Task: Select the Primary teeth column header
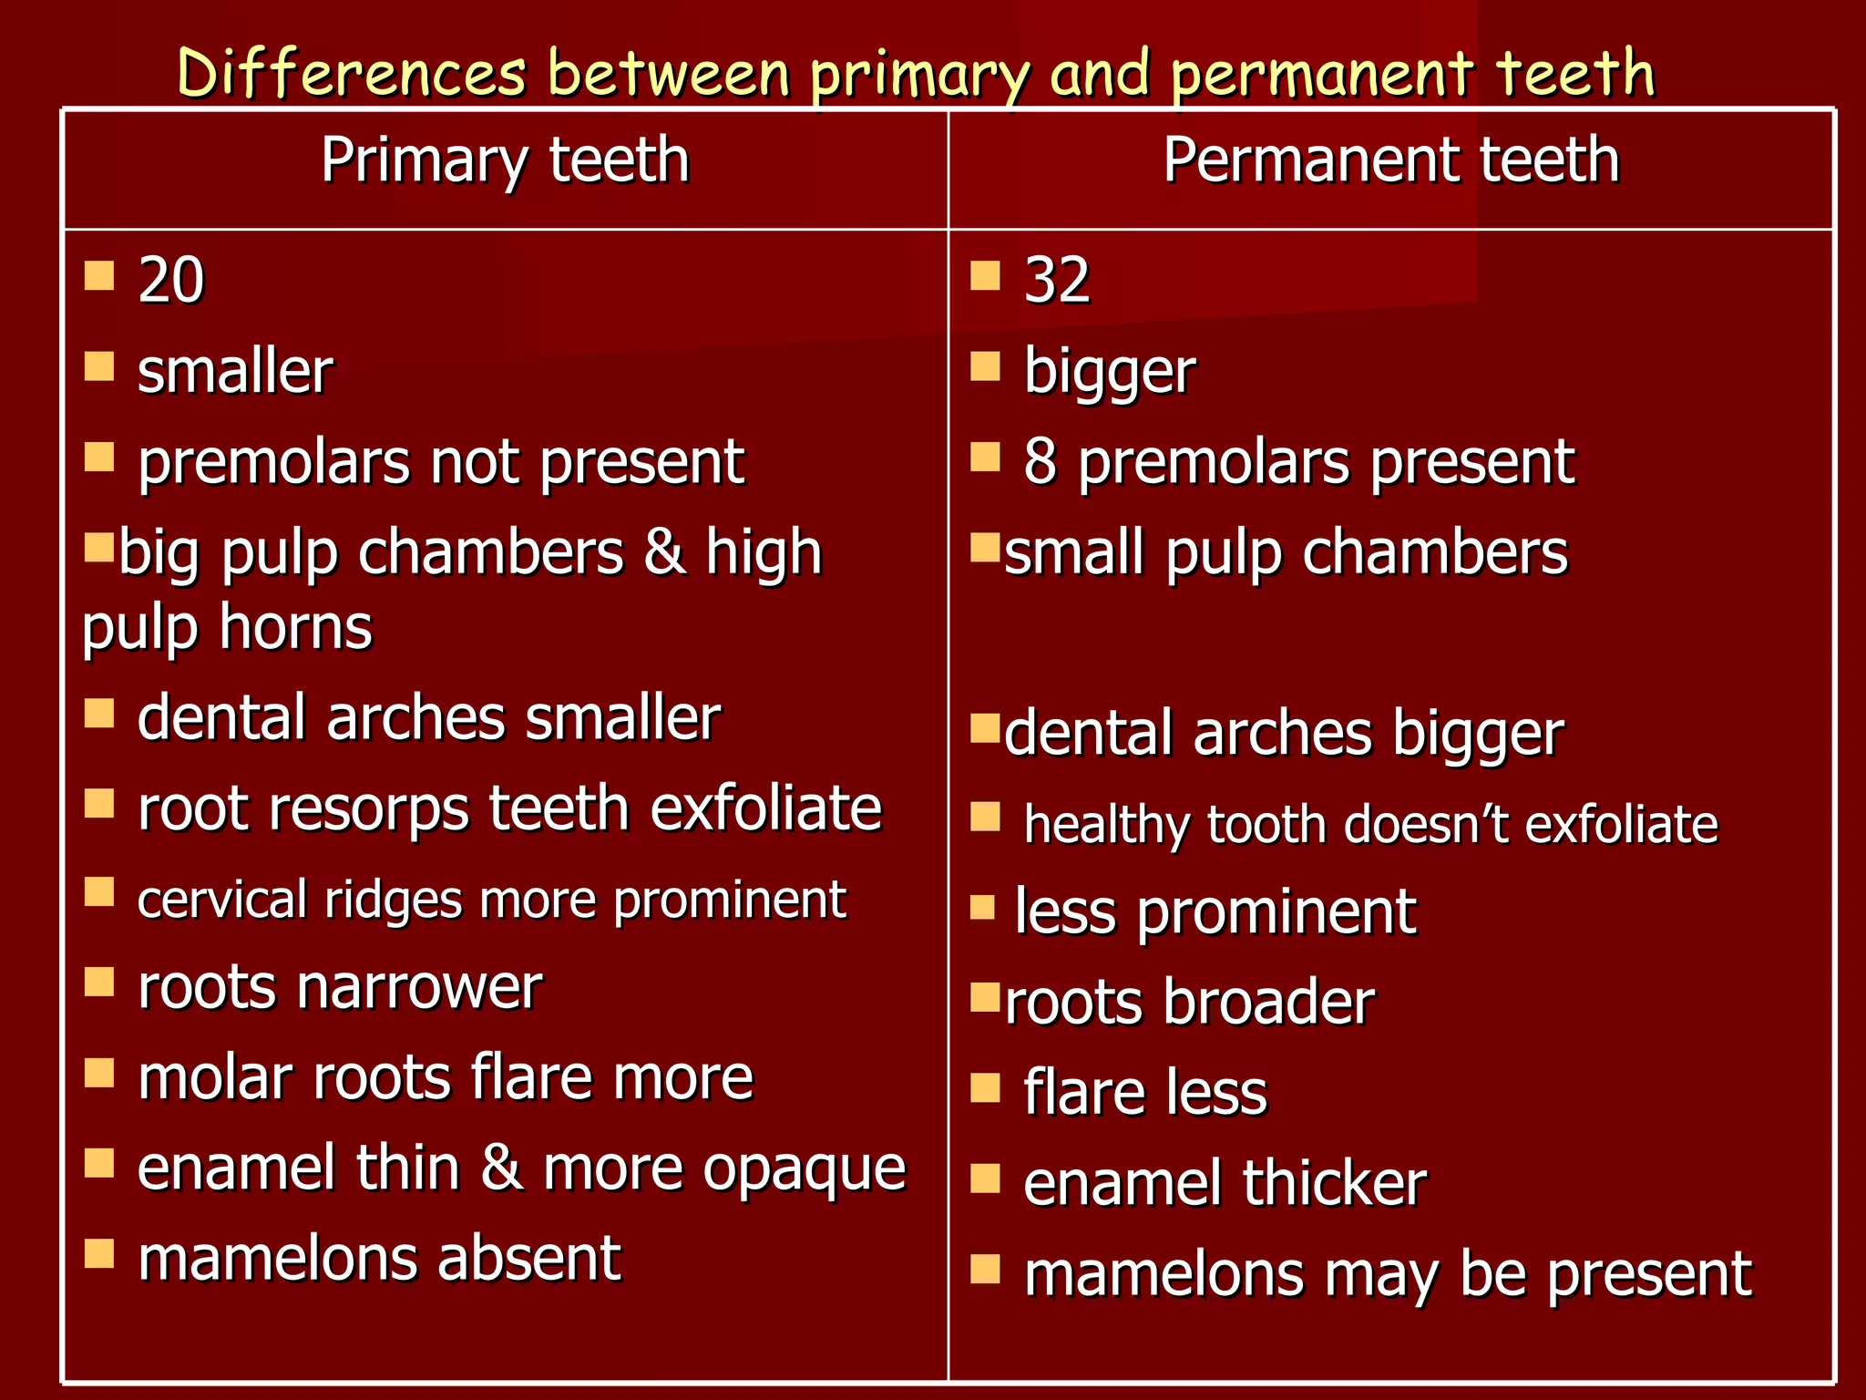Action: tap(505, 160)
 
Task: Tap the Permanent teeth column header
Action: tap(1390, 160)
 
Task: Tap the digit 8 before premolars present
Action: tap(1039, 461)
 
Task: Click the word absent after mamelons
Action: tap(528, 1259)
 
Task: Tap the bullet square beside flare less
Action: tap(985, 1088)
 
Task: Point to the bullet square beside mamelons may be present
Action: tap(985, 1269)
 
